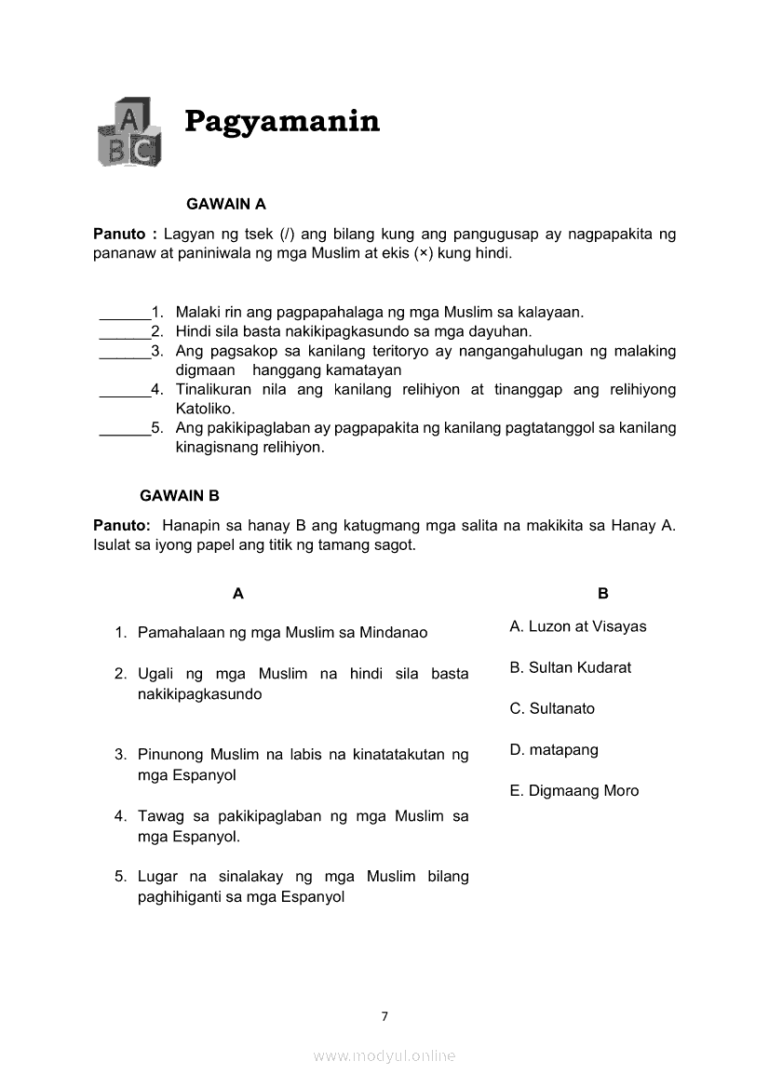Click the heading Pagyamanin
(282, 121)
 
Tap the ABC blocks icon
(128, 132)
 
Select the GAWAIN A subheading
(226, 204)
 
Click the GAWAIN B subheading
(180, 496)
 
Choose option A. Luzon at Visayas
(577, 626)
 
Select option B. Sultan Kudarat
(570, 667)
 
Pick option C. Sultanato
(552, 708)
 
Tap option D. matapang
(554, 749)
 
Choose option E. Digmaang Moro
(574, 790)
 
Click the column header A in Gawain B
(238, 594)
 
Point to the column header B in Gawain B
(603, 594)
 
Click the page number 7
(384, 1016)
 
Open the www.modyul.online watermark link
(384, 1055)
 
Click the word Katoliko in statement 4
(204, 409)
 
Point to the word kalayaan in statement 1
(550, 313)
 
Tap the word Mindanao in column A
(394, 633)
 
